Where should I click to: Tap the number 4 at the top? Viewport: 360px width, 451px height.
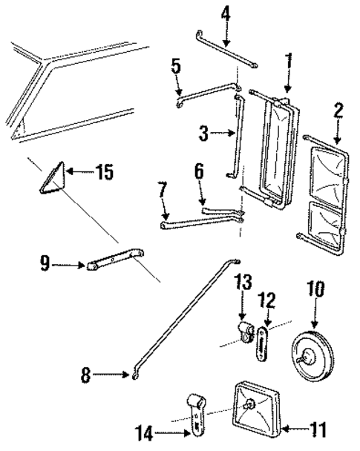pos(226,12)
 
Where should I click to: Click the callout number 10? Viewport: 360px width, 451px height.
pos(315,289)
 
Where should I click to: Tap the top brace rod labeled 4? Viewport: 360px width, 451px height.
pos(226,47)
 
